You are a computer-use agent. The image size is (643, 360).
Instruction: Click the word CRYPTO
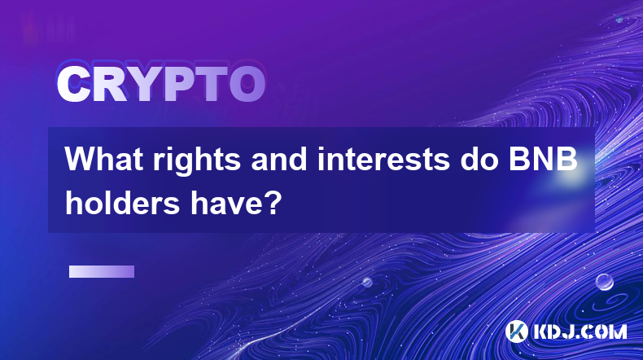[161, 85]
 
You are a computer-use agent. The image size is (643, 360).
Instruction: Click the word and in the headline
[279, 160]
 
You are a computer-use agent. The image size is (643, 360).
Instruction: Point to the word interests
[384, 160]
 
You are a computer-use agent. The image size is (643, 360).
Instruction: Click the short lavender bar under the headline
[102, 271]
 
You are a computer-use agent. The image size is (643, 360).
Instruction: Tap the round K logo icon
[516, 331]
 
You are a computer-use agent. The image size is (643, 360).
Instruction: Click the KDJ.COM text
[580, 331]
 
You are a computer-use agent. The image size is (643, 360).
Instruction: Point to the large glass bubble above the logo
[605, 282]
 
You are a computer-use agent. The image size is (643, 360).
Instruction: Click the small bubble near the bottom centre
[367, 282]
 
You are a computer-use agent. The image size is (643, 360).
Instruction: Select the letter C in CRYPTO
[74, 85]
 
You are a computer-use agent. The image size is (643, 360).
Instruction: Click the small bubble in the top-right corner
[619, 19]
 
